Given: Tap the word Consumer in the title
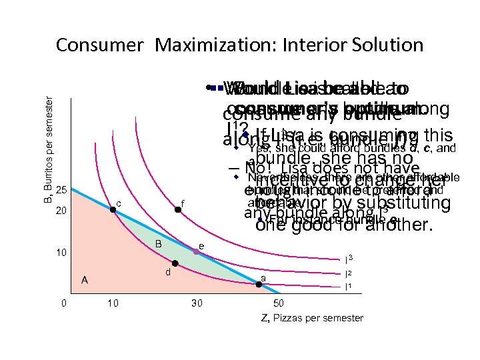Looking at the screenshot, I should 99,45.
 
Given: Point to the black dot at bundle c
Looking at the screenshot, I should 113,210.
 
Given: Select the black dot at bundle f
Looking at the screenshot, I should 177,210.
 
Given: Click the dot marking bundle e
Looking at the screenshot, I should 197,252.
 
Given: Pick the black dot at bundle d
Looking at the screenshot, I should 175,263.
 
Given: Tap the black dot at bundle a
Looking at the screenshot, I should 259,285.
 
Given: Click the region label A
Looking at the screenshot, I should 84,280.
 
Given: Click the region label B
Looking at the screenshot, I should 159,243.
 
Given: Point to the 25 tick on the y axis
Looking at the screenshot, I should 61,191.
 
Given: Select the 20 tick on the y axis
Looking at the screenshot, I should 61,211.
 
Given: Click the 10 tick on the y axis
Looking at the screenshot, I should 61,253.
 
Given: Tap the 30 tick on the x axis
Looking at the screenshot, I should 197,304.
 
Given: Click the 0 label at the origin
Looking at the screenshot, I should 63,304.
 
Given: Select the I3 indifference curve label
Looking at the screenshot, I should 348,258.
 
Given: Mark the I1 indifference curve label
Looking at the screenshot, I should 348,287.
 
